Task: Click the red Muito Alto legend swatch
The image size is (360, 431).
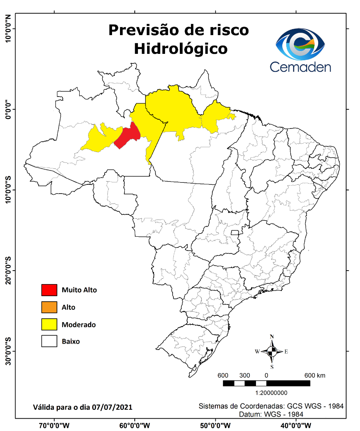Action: click(49, 290)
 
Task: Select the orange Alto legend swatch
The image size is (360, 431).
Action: click(49, 307)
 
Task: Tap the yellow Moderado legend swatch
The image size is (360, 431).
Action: click(49, 324)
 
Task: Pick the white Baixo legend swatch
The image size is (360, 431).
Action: click(49, 342)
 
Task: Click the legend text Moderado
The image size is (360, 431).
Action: click(79, 325)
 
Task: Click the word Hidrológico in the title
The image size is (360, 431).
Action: click(181, 49)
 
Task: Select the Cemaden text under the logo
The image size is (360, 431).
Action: click(300, 67)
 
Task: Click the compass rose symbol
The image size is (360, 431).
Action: click(272, 352)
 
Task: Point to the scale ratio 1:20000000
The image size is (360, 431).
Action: click(271, 393)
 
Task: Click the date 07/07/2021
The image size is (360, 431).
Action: click(112, 407)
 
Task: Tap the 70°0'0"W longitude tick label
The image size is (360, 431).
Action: click(54, 426)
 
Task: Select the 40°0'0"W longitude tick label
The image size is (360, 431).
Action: click(295, 426)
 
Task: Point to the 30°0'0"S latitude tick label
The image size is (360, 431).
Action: click(8, 351)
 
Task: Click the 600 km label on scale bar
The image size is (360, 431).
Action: click(315, 376)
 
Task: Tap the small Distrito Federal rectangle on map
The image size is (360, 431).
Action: click(235, 233)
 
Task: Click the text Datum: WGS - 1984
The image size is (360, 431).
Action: click(271, 415)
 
